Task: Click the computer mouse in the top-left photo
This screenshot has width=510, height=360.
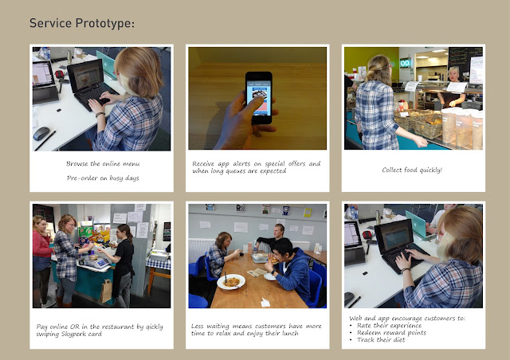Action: pyautogui.click(x=41, y=133)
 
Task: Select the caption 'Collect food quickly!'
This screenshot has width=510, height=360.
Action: pyautogui.click(x=412, y=170)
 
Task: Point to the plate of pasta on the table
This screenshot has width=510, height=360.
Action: pyautogui.click(x=230, y=281)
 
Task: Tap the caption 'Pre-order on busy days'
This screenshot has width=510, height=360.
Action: pyautogui.click(x=102, y=178)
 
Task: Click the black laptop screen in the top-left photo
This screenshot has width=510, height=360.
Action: pyautogui.click(x=84, y=77)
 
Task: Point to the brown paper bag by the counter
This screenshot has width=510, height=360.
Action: pyautogui.click(x=104, y=292)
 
